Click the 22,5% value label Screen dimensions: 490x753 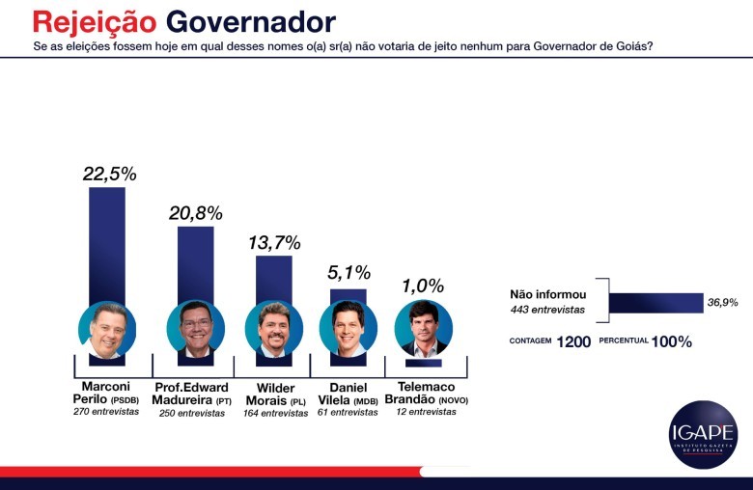point(110,174)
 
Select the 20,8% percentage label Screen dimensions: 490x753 point(196,213)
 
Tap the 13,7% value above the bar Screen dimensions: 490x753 point(274,243)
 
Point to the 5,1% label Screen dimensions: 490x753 point(349,273)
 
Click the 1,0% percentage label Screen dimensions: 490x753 point(422,286)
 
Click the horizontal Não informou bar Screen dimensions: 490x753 point(655,303)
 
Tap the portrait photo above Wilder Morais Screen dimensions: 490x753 point(274,329)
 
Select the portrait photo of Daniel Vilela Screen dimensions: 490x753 point(349,328)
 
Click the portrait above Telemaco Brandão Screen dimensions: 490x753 point(424,328)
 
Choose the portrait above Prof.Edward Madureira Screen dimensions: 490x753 point(196,329)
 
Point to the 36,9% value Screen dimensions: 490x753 point(722,303)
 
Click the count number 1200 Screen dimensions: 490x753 point(573,341)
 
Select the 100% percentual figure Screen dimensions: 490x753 point(672,341)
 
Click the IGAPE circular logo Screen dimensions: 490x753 point(703,434)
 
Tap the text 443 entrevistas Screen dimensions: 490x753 point(547,310)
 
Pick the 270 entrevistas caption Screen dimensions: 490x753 point(106,411)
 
